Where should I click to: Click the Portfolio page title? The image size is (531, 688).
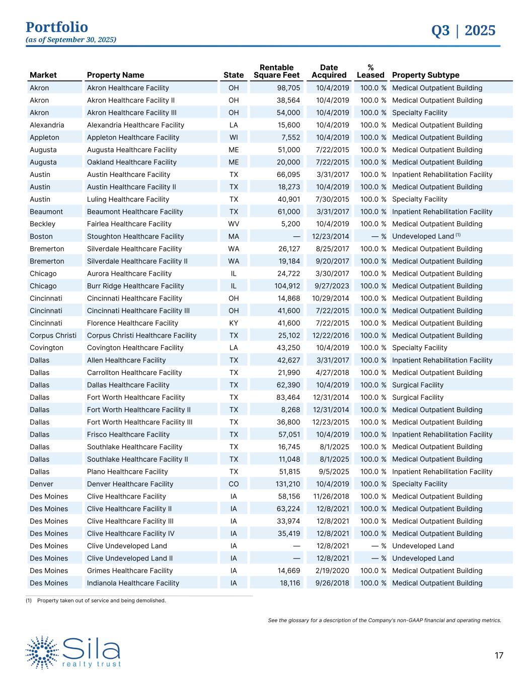pos(57,27)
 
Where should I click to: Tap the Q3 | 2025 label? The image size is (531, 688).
pos(463,31)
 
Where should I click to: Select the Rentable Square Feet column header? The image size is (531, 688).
pos(276,71)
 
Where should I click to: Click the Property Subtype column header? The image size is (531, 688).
pos(425,75)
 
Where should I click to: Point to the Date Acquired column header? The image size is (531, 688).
pos(329,71)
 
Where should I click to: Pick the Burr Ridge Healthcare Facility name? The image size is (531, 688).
pos(135,286)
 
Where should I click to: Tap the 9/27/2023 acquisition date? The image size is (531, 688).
pos(330,286)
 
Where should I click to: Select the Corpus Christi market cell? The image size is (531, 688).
pos(53,335)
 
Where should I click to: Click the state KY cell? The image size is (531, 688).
pos(234,323)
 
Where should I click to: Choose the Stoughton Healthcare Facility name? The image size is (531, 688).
pos(135,236)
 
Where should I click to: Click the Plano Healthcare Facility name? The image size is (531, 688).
pos(127,472)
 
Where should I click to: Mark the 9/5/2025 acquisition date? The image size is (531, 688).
pos(334,472)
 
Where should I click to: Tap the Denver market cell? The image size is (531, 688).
pos(41,484)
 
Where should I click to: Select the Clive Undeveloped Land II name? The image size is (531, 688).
pos(130,558)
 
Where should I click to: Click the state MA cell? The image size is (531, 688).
pos(234,236)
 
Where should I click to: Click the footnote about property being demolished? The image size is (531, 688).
pos(101,600)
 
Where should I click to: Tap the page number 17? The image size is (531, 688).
pos(499,656)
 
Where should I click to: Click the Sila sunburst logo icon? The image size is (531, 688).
pos(42,652)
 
